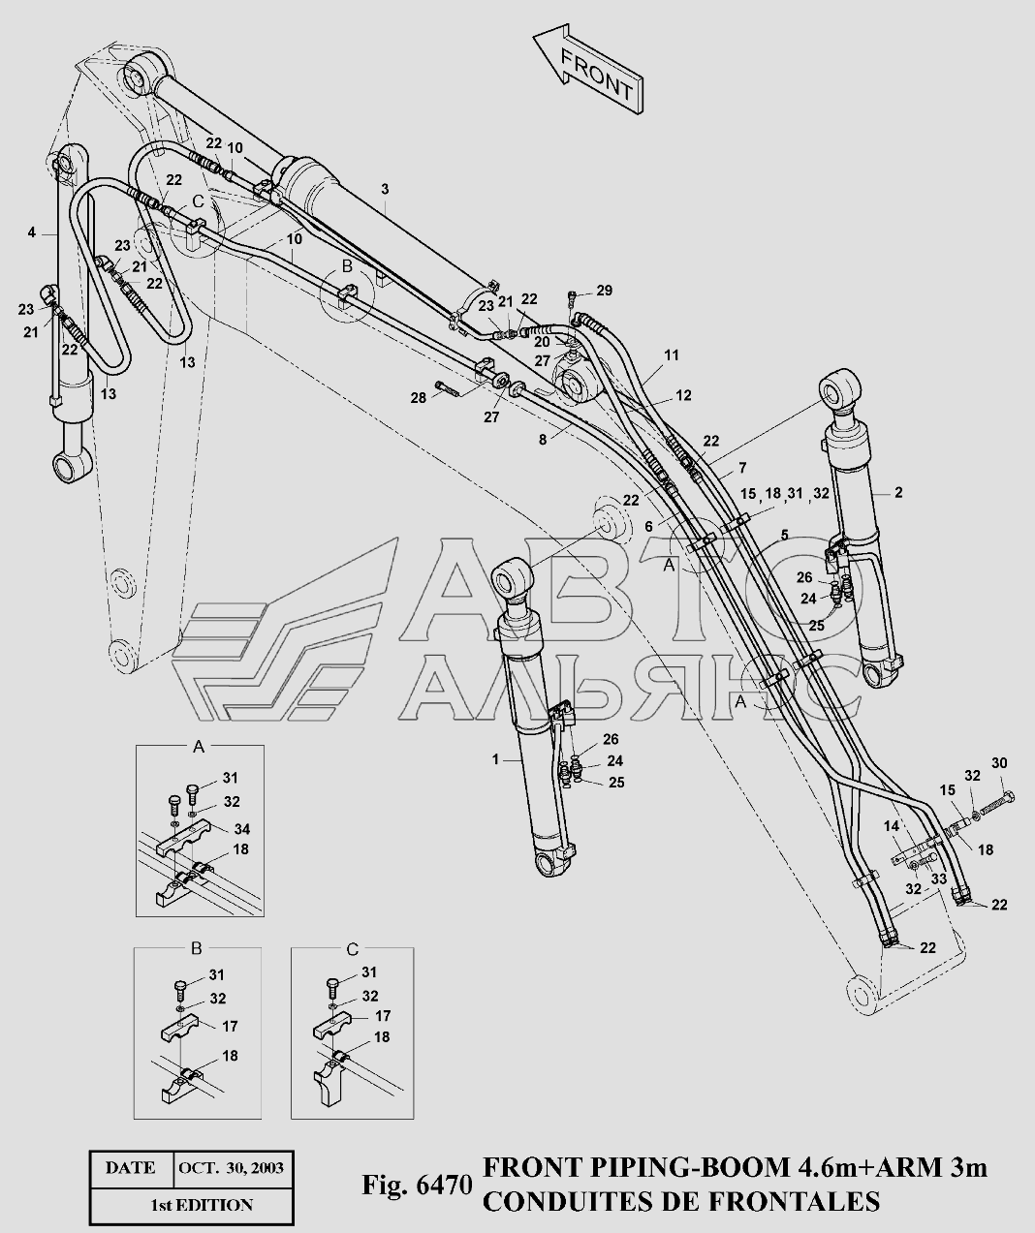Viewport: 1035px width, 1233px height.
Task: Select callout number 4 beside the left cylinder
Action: coord(31,232)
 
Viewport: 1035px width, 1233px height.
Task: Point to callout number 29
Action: coord(604,291)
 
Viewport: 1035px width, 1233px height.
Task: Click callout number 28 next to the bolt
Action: coord(418,397)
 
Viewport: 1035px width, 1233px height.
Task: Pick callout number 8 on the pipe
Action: coord(544,438)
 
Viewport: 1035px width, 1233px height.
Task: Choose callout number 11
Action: coord(672,356)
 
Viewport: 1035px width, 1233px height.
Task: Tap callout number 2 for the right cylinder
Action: coord(898,493)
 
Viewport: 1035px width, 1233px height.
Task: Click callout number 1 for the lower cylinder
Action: coord(495,760)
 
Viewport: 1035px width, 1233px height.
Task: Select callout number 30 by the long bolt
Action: coord(999,762)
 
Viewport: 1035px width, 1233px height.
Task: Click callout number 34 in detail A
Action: coord(242,828)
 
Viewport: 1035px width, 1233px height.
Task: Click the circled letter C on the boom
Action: coord(198,201)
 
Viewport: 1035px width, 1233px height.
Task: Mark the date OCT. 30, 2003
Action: coord(231,1167)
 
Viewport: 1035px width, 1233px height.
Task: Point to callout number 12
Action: coord(684,395)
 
